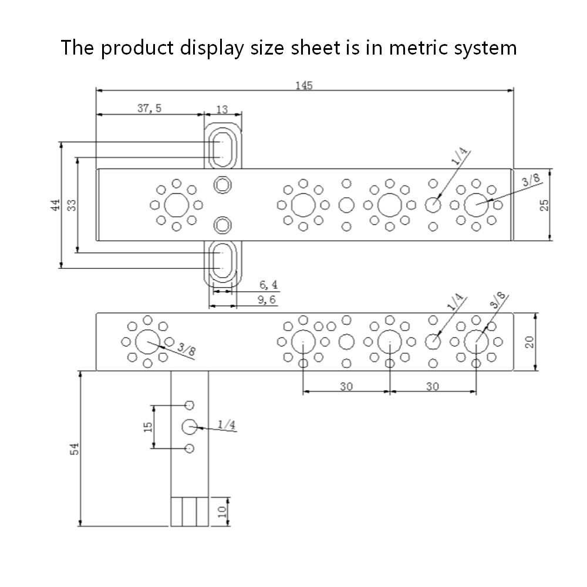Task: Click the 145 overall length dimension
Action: [x=304, y=85]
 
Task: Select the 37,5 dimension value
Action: [x=149, y=109]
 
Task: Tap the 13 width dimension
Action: [x=222, y=109]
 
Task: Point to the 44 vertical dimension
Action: [x=55, y=205]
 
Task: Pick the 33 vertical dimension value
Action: [x=72, y=205]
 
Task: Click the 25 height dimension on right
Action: [x=544, y=205]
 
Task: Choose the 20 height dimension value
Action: [x=529, y=342]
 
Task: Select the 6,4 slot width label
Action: [x=268, y=285]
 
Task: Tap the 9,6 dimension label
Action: [x=266, y=300]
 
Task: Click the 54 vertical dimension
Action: [x=74, y=448]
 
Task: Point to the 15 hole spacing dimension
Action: [x=147, y=427]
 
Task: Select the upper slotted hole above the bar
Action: [x=222, y=147]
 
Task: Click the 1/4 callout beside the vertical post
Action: [x=227, y=424]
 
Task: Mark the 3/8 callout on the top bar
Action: [x=529, y=182]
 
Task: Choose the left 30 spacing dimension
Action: [x=346, y=386]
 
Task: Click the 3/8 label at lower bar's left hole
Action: [x=187, y=351]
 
